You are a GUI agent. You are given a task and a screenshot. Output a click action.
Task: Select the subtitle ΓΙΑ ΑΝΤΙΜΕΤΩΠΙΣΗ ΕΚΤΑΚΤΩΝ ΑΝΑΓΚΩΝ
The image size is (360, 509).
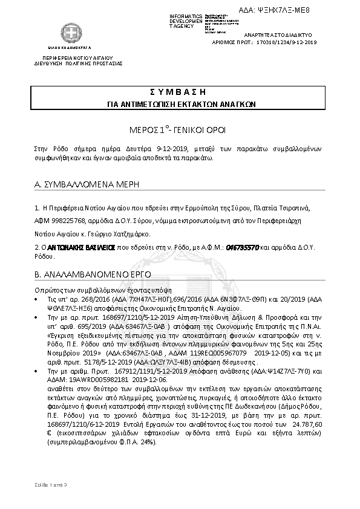[x=182, y=104]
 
